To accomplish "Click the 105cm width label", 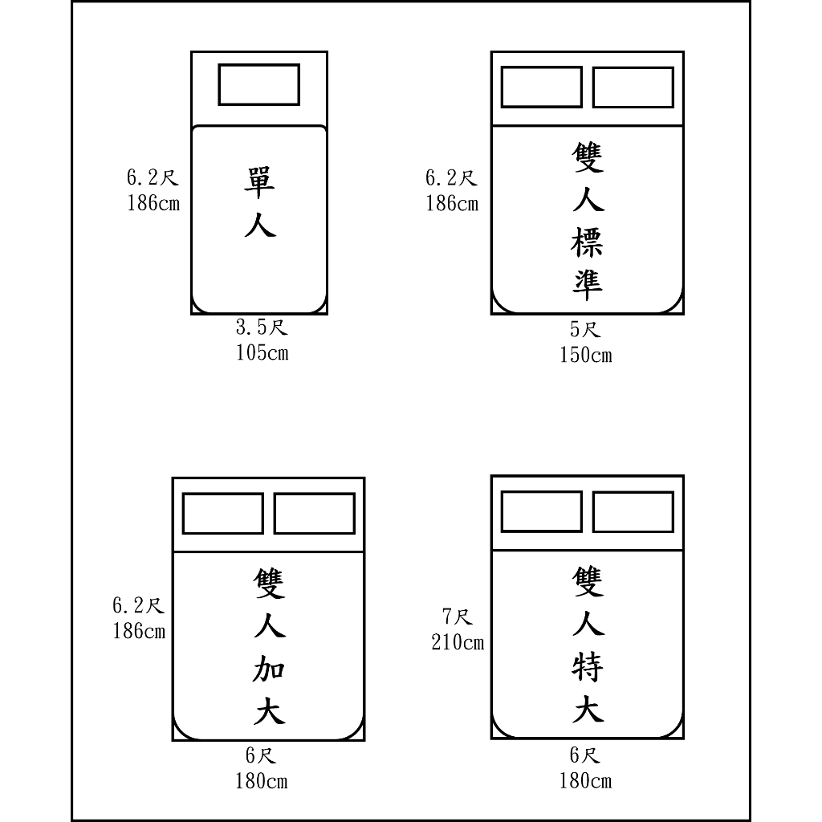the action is [262, 353].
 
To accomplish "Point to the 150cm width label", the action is [585, 356].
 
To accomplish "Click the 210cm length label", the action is [458, 642].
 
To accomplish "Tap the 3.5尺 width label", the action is [262, 328].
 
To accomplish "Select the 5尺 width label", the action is [585, 330].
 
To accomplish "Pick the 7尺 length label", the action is [457, 616].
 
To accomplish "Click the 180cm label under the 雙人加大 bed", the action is [261, 782].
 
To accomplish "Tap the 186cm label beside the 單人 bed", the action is [153, 203].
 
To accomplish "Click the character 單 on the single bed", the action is [259, 182].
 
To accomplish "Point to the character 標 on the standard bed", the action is [587, 242].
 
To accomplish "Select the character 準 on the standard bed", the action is [587, 285].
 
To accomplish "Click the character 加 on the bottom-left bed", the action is [269, 669].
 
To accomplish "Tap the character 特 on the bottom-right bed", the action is [587, 666].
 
